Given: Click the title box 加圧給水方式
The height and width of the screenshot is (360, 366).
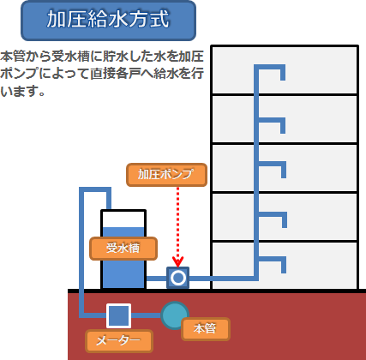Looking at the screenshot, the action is point(108,21).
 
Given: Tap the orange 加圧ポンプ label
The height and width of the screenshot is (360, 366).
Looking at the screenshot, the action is point(166,175).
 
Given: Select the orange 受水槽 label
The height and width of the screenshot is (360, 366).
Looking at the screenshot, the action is point(123,249).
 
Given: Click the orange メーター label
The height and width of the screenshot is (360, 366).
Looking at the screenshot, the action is point(119,341).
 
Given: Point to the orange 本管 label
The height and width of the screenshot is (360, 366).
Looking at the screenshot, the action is point(206,329).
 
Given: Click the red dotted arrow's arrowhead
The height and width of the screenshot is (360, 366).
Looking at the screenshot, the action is point(177,261).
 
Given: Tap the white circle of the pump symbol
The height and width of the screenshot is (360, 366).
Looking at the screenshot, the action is point(178,278).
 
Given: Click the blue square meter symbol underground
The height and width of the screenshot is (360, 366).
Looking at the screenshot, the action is point(118,315).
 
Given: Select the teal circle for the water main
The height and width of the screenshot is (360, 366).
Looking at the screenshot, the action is point(175,315).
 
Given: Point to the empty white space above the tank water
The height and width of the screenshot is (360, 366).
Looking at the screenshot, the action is point(123,219).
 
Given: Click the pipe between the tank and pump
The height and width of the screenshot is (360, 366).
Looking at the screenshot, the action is point(157,279).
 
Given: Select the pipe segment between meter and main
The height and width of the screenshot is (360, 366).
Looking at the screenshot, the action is point(146,315).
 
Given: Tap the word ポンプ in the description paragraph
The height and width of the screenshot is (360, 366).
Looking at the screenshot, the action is point(20,74).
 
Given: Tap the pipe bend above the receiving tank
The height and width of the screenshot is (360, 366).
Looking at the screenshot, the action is point(95,189).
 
